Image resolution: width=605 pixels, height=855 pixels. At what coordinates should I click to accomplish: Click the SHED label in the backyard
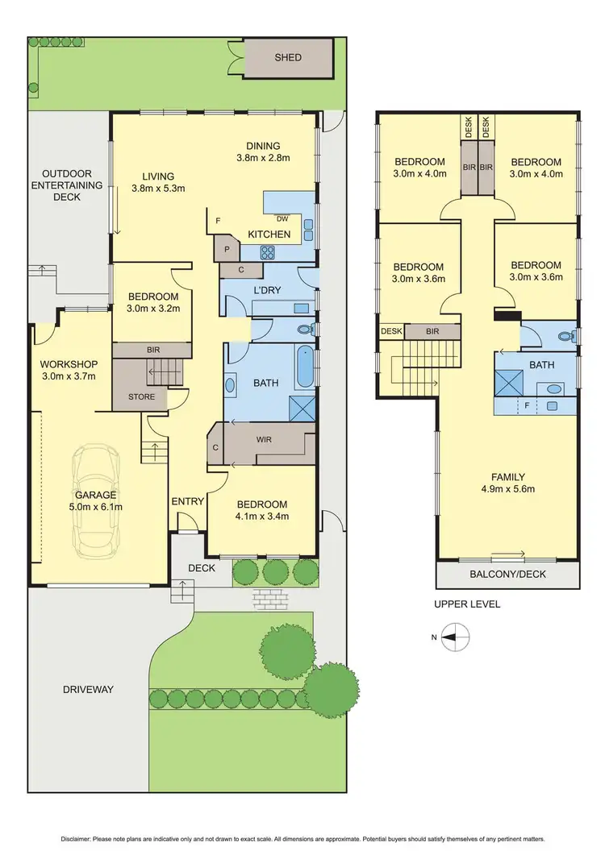[x=288, y=57]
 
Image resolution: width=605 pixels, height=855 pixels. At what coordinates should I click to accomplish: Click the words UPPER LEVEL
[x=466, y=604]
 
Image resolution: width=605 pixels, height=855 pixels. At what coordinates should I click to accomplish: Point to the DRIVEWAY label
[x=87, y=690]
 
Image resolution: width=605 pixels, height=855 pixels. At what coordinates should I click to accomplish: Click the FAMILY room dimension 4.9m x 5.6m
[x=508, y=488]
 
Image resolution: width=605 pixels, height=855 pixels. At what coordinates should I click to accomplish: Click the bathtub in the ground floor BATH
[x=305, y=367]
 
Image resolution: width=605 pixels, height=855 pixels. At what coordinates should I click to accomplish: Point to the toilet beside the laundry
[x=304, y=330]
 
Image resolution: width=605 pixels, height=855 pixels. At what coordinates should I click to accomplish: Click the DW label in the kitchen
[x=282, y=218]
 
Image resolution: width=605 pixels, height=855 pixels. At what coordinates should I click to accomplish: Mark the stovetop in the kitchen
[x=268, y=252]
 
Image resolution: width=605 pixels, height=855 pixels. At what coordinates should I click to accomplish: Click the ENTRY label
[x=188, y=501]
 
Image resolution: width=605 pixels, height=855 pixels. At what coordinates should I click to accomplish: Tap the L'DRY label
[x=269, y=289]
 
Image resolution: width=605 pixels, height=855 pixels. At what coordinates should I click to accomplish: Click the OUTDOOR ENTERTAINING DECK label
[x=67, y=185]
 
